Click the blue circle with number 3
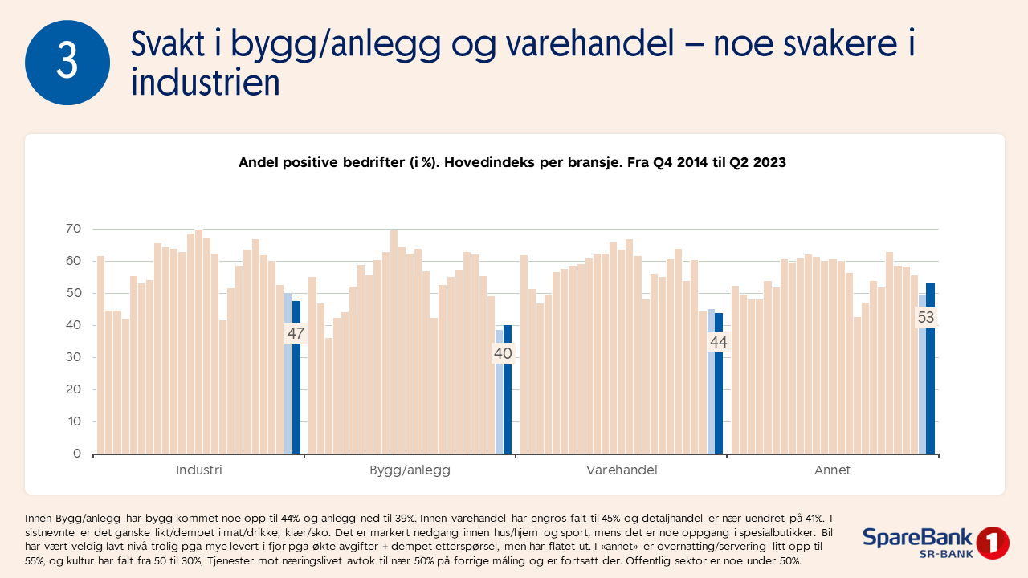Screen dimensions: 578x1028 (67, 62)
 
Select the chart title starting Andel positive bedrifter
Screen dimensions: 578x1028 (512, 162)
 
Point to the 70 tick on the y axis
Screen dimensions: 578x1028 (73, 229)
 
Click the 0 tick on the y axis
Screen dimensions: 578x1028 (77, 454)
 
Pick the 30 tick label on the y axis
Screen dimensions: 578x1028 (73, 357)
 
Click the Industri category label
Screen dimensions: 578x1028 (199, 470)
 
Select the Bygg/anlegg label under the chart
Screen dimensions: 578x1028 (410, 470)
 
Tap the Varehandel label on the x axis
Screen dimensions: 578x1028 (621, 470)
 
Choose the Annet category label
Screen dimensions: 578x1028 (832, 470)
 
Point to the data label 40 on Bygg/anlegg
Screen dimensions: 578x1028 (503, 354)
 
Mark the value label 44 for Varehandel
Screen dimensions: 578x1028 (718, 343)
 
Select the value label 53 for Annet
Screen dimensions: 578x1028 (926, 318)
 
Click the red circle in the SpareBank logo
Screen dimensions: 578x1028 (992, 543)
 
